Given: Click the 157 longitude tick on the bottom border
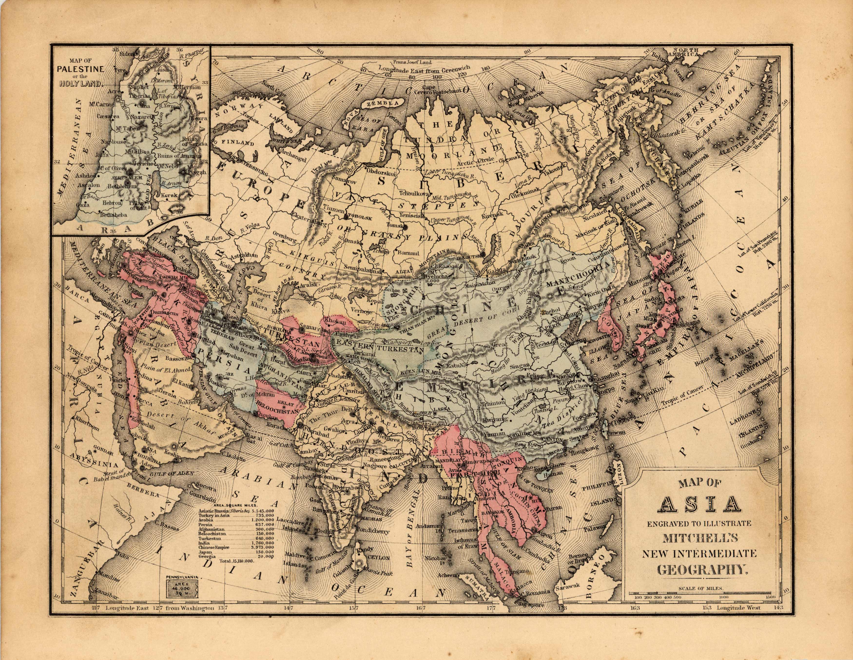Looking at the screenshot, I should coord(353,619).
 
